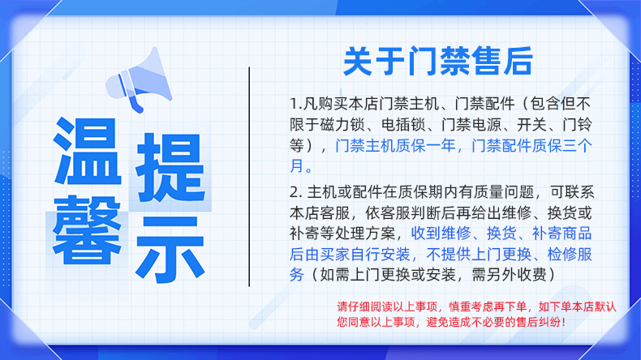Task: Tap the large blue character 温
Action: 88,151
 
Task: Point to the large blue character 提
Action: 170,168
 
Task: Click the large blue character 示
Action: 170,249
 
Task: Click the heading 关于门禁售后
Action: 438,62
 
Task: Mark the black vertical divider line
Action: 249,177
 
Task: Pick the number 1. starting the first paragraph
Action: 296,104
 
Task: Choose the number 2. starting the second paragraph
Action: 296,192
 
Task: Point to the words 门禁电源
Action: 471,125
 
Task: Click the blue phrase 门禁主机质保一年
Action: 395,145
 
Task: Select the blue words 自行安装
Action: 381,254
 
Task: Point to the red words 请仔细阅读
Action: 359,306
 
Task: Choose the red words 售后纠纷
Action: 540,322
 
